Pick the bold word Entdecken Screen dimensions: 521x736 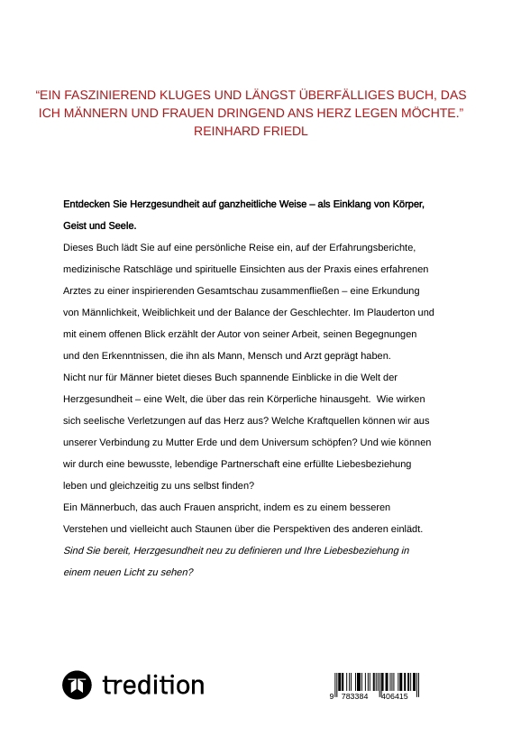(88, 205)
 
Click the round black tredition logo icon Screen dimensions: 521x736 (77, 685)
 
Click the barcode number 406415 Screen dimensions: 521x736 (394, 698)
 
